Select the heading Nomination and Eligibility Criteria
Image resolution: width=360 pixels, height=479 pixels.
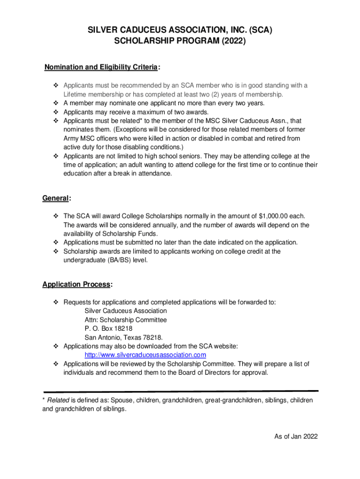coord(101,67)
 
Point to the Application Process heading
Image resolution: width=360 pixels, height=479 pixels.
coord(77,284)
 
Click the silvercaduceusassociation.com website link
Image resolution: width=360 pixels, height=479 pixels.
coord(145,355)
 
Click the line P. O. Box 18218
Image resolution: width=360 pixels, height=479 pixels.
coord(105,328)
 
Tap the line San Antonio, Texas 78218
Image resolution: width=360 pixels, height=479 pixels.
coord(124,337)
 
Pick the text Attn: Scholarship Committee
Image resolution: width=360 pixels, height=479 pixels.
coord(126,320)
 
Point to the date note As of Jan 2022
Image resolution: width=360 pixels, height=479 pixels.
coord(296,436)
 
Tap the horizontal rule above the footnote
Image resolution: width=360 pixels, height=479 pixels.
coord(180,391)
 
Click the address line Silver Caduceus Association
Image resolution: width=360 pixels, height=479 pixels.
coord(125,311)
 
